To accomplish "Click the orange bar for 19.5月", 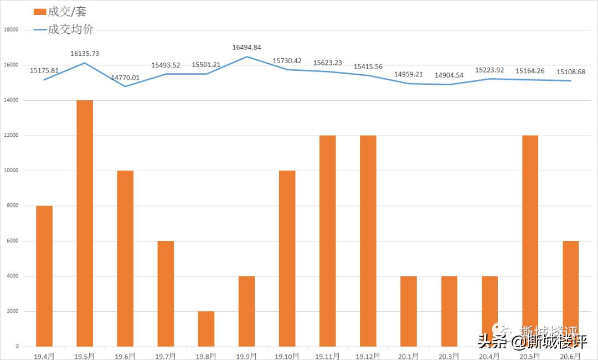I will click(x=85, y=223).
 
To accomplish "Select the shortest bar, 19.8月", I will click(x=206, y=329).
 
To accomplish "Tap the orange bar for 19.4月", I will click(x=44, y=276).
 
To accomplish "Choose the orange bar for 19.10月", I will click(x=287, y=258).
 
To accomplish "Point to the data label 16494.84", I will click(x=246, y=48).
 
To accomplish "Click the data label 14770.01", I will click(x=125, y=78).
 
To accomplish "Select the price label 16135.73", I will click(x=85, y=54).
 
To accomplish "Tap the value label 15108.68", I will click(x=571, y=72).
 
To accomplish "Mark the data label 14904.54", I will click(x=449, y=75).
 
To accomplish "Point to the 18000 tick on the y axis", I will click(x=11, y=30).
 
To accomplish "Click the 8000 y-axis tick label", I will click(x=13, y=206).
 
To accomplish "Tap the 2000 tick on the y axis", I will click(x=13, y=311).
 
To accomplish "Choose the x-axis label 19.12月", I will click(x=368, y=356).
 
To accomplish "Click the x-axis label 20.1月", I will click(x=408, y=356).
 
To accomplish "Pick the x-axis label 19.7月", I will click(x=166, y=356).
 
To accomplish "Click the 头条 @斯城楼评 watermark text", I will click(x=532, y=342).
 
